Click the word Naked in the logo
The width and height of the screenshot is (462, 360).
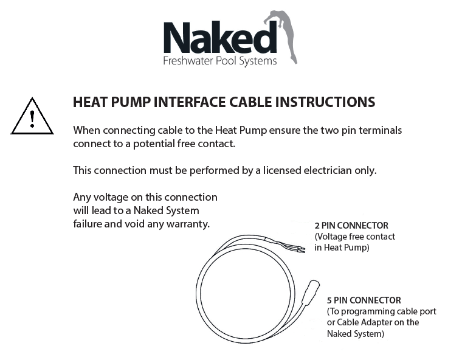pos(220,38)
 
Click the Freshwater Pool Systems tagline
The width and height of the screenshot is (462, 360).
pos(220,61)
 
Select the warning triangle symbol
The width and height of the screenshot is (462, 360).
pos(32,116)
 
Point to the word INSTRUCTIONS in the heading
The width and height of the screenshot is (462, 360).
pos(325,102)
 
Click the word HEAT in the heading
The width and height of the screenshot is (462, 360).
pos(90,102)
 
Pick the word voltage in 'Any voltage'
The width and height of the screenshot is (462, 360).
pos(111,197)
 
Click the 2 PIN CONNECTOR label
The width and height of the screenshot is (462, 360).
pos(351,226)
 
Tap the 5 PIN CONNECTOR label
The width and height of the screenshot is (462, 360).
pos(364,300)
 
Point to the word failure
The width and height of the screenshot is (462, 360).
pos(88,224)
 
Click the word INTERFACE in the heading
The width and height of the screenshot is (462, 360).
pos(190,102)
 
